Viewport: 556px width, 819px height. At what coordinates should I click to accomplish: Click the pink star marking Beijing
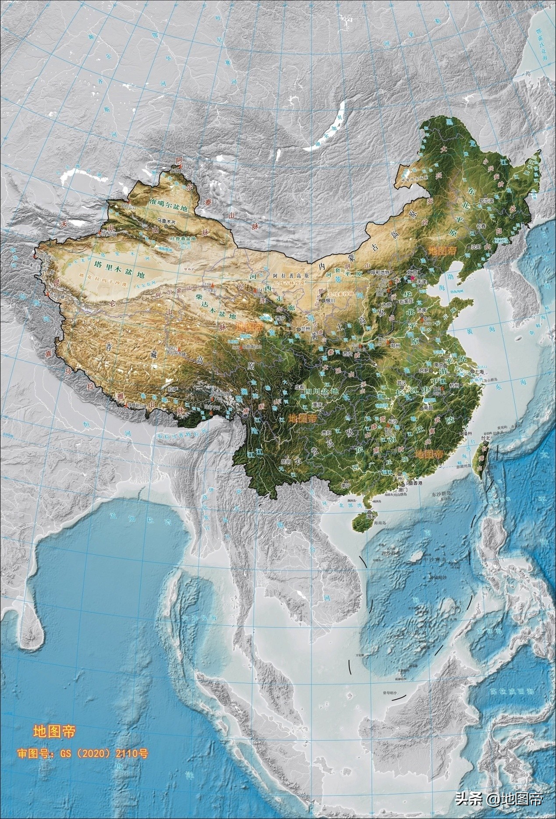pos(412,273)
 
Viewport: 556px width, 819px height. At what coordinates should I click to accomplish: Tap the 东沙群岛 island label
pos(438,494)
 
